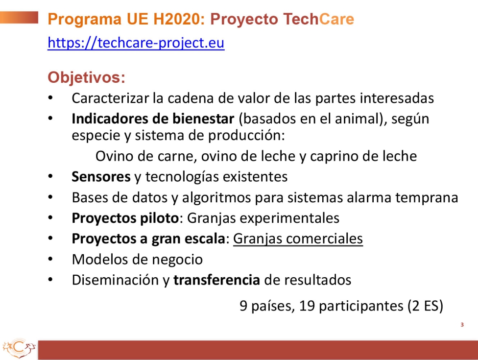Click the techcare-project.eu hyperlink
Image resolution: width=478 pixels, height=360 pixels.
(x=136, y=43)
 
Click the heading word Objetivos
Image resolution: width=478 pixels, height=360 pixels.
(x=86, y=77)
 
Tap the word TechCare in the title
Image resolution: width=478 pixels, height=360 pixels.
(x=318, y=19)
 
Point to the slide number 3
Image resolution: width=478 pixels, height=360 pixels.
(x=462, y=325)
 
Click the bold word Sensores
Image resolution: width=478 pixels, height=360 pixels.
(x=101, y=177)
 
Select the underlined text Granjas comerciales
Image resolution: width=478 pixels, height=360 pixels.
(x=298, y=239)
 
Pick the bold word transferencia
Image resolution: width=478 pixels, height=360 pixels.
(x=216, y=280)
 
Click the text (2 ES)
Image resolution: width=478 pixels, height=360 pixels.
(x=425, y=306)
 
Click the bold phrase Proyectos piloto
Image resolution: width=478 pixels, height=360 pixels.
(x=125, y=218)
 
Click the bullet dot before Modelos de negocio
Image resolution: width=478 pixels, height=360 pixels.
(x=50, y=259)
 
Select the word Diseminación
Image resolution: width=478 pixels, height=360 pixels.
(x=115, y=280)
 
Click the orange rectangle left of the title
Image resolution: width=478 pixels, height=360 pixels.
(x=19, y=17)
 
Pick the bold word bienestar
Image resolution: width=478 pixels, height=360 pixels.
(x=203, y=119)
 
